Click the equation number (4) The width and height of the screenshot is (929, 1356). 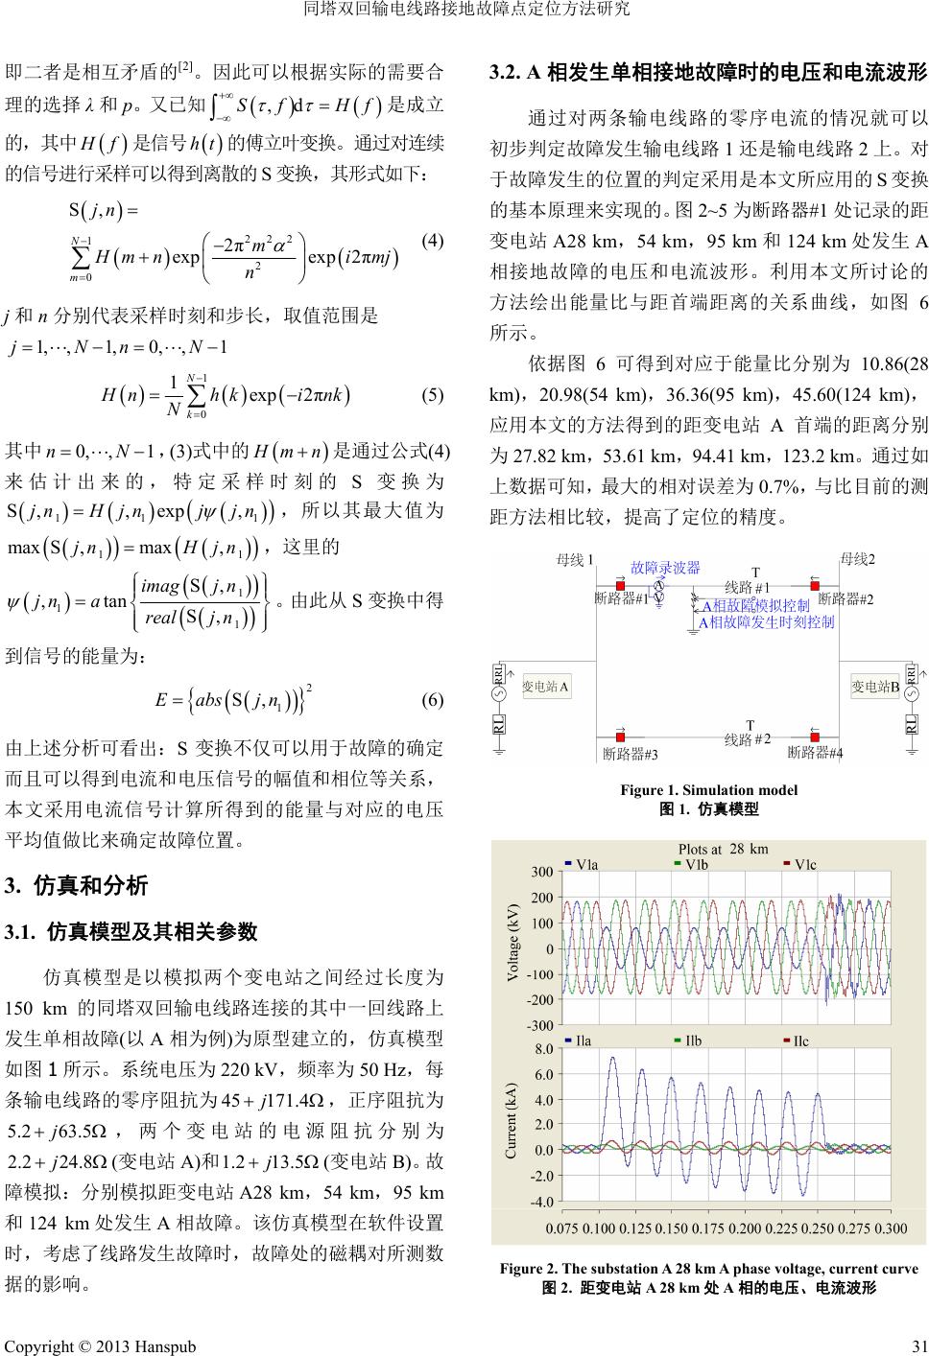432,241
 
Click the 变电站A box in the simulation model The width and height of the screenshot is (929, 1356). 546,687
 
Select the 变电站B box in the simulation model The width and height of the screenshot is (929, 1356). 875,687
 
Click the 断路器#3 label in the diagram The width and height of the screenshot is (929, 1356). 631,754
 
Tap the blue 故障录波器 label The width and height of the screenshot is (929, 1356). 664,568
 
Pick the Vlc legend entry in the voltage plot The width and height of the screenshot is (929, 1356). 799,863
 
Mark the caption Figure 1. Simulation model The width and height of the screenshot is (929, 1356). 708,790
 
